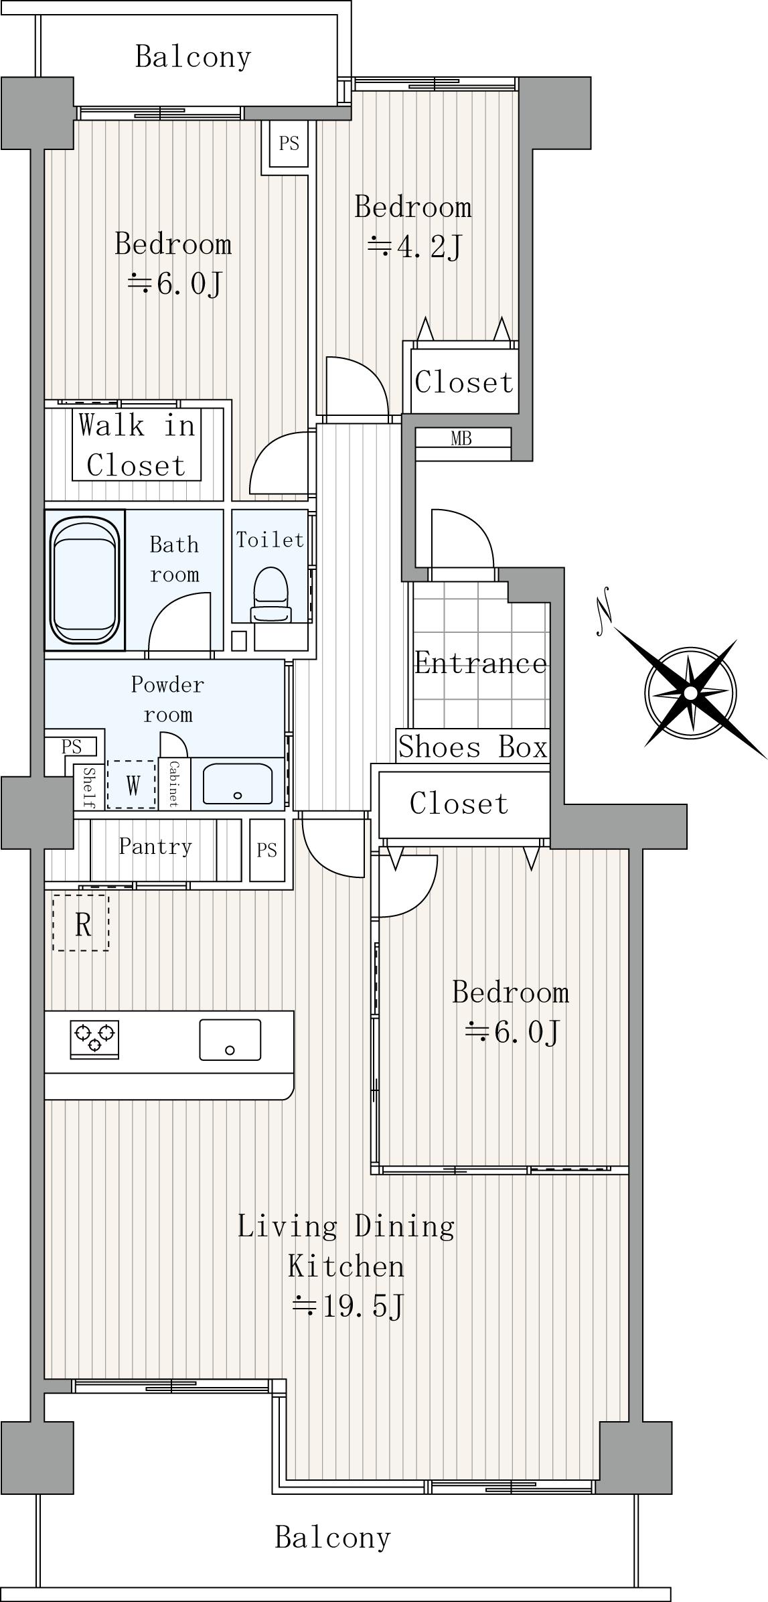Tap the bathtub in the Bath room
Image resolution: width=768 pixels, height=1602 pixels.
[85, 580]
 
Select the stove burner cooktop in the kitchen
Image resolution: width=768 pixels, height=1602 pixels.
[94, 1039]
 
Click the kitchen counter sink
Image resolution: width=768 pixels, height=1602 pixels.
[230, 1039]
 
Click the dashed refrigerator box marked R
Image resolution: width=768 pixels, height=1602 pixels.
[81, 922]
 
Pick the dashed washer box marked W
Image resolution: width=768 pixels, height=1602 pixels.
[132, 784]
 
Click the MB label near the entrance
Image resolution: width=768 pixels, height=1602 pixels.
[461, 439]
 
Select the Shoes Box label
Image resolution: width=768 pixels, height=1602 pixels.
[473, 747]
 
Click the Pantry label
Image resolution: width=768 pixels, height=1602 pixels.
[155, 847]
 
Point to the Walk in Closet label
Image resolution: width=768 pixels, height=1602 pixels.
[137, 445]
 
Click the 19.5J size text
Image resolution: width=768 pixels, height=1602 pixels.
[348, 1306]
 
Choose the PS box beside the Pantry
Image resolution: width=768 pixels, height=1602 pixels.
[266, 850]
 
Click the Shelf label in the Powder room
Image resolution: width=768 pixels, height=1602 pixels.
[88, 788]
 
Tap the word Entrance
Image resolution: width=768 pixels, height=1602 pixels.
[481, 663]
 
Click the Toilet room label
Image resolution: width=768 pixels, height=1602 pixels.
[270, 540]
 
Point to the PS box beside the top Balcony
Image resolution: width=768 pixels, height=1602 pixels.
[289, 143]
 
